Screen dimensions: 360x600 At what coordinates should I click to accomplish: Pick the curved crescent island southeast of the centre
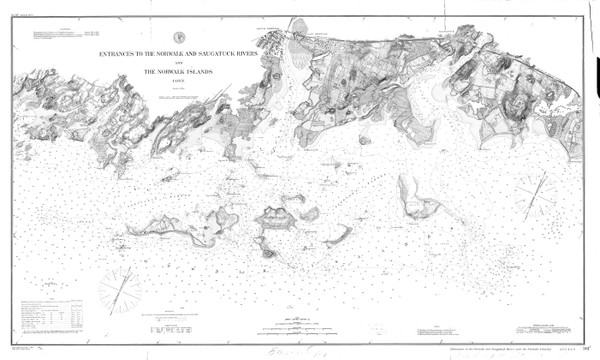pos(335,236)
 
